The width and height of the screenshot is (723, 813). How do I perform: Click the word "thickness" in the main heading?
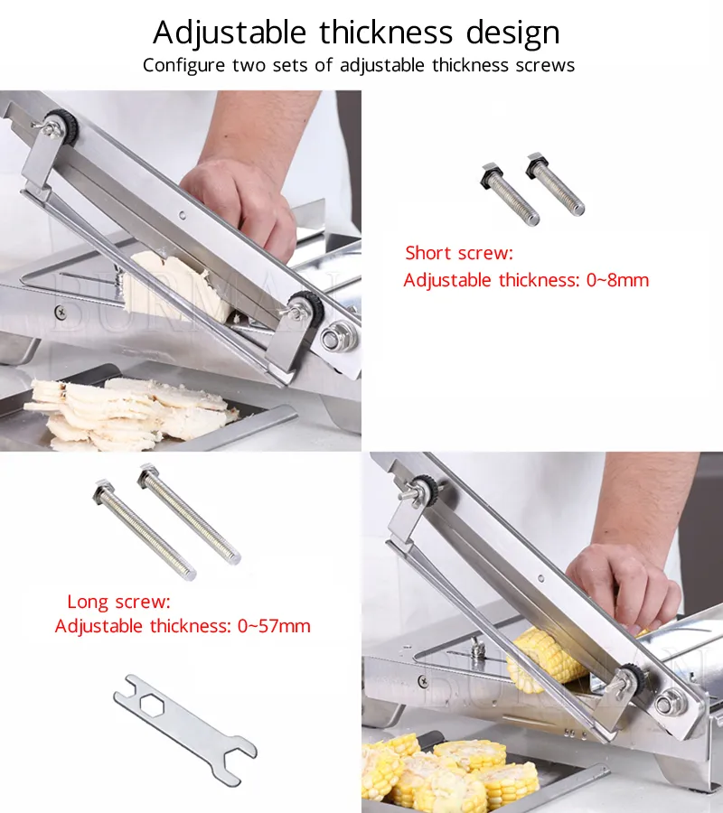point(386,32)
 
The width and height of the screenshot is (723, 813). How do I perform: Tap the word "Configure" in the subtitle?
point(184,65)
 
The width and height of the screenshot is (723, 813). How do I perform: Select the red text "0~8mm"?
point(618,280)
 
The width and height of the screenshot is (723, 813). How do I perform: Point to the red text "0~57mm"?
point(274,626)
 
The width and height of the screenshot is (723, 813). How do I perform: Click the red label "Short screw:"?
point(459,253)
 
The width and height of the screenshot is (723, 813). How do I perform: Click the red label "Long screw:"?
point(118,602)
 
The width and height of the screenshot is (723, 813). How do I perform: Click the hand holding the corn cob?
point(623,586)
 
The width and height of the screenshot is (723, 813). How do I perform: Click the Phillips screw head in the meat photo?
point(61,313)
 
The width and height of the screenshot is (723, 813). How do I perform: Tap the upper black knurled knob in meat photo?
point(66,125)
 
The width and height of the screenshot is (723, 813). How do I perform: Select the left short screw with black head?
point(510,194)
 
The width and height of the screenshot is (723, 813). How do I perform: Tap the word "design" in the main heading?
point(513,33)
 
